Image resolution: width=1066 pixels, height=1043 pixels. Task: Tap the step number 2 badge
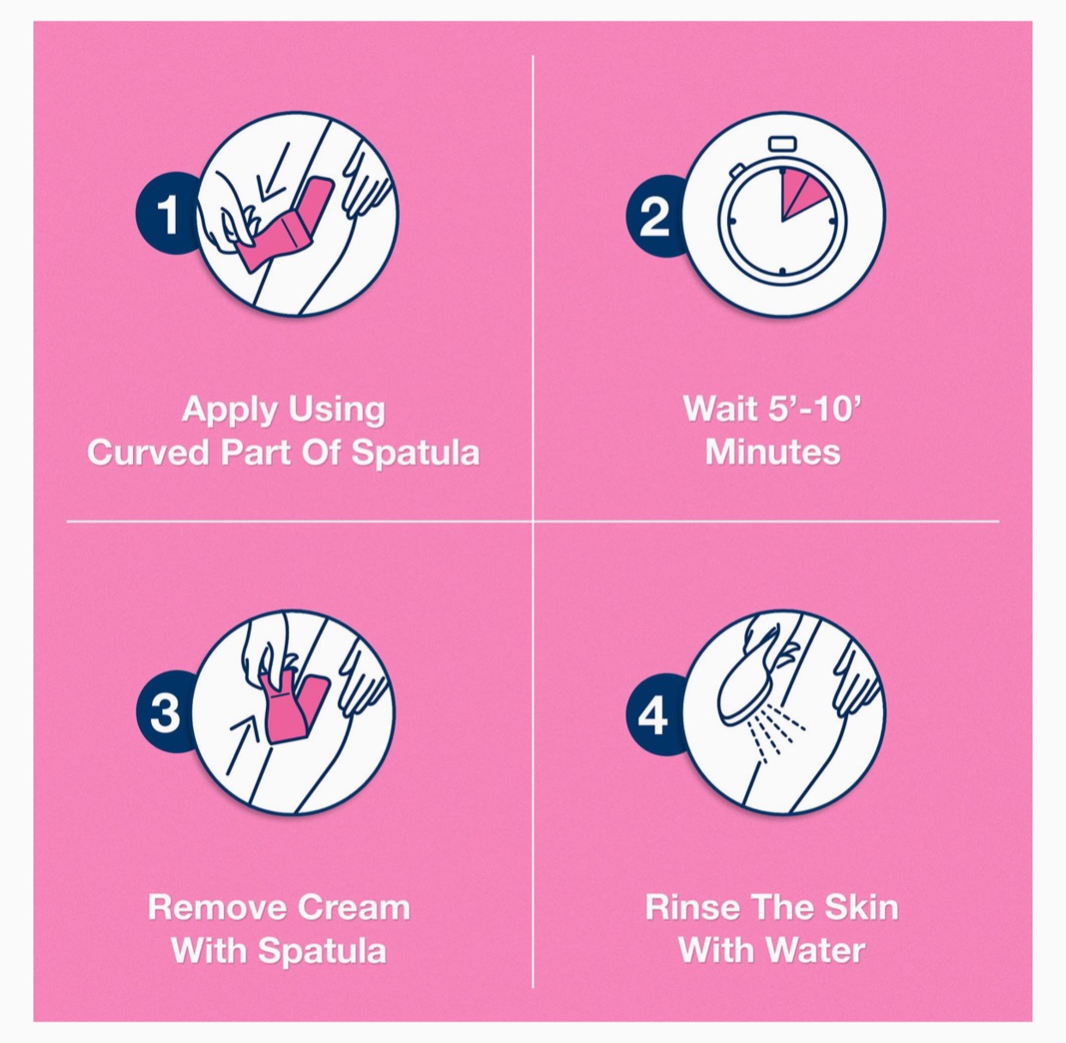coord(654,215)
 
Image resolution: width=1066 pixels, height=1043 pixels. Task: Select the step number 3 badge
coord(163,713)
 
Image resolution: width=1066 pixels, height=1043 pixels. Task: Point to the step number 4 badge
coord(653,715)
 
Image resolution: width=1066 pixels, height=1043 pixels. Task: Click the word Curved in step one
coord(148,453)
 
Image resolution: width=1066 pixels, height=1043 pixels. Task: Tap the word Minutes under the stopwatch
coord(772,452)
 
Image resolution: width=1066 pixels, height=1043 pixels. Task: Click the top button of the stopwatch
coord(782,143)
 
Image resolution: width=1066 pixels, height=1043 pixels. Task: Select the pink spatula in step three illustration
coord(293,706)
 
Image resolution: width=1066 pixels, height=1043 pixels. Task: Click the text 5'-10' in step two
coord(813,409)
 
